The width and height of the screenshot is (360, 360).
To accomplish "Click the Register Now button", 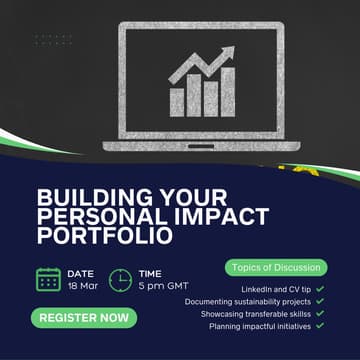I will (85, 318).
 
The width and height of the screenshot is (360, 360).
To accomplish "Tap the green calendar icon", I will (48, 279).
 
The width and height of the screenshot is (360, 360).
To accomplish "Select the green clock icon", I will (119, 279).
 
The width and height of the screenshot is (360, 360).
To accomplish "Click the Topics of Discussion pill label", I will (276, 267).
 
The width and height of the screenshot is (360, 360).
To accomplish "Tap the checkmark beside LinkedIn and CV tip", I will (319, 288).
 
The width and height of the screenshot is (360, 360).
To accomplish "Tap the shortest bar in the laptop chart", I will (177, 99).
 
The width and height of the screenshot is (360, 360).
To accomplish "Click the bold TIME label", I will (150, 272).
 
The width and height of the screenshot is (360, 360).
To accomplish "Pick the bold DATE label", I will (81, 272).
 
